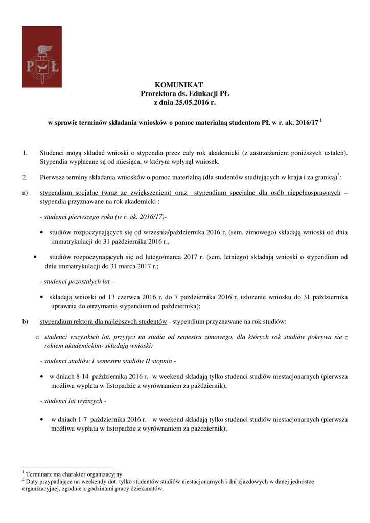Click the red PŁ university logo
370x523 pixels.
pos(41,57)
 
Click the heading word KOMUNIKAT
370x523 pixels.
pos(179,85)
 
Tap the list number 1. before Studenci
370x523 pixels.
pos(25,153)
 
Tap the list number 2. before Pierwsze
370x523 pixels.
pos(25,178)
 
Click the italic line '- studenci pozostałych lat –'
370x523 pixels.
pos(77,281)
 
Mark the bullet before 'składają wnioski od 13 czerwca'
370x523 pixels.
pos(41,297)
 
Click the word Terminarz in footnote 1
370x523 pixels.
pos(40,474)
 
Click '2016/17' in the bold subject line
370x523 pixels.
pos(306,124)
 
